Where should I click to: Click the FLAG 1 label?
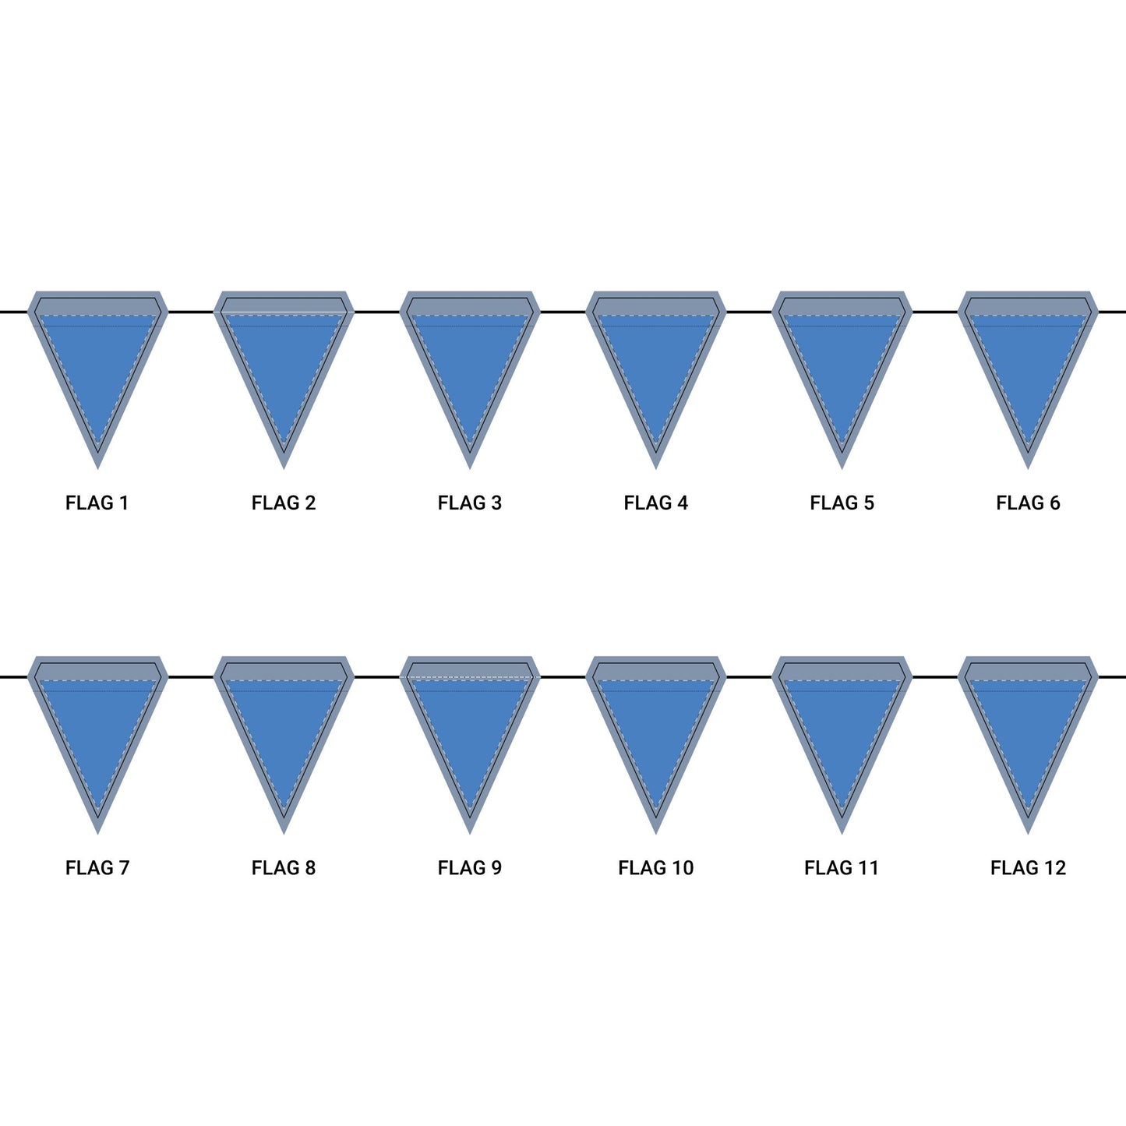97,503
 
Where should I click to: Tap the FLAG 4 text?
655,503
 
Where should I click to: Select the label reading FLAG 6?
1028,503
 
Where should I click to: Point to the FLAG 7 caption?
97,868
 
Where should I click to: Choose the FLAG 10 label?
655,868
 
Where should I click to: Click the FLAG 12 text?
1028,868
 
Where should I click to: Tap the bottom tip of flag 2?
284,468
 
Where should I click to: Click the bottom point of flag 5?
842,468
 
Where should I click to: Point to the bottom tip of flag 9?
470,834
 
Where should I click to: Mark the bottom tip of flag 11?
842,834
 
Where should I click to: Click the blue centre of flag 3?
470,362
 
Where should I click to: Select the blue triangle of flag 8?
284,728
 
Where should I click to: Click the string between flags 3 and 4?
563,312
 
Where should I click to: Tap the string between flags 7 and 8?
190,677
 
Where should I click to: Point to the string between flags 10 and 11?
749,677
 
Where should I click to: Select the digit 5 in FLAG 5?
869,503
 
